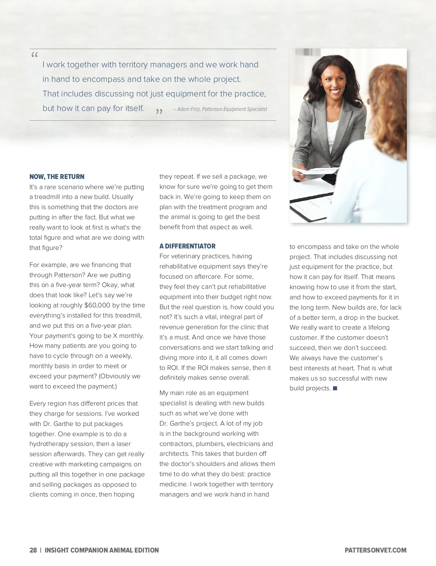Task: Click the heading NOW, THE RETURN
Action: pos(57,177)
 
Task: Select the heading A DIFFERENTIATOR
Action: pos(187,246)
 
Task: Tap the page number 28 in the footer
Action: pos(33,550)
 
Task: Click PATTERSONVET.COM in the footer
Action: pos(375,550)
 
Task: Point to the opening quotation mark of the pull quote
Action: pos(35,56)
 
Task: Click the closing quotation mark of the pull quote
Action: pos(159,112)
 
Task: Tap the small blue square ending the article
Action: pos(335,388)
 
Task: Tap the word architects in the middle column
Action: pos(174,454)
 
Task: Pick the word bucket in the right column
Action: pos(388,318)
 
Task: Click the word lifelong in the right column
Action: pos(376,327)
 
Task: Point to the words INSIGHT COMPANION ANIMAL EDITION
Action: pos(102,550)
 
